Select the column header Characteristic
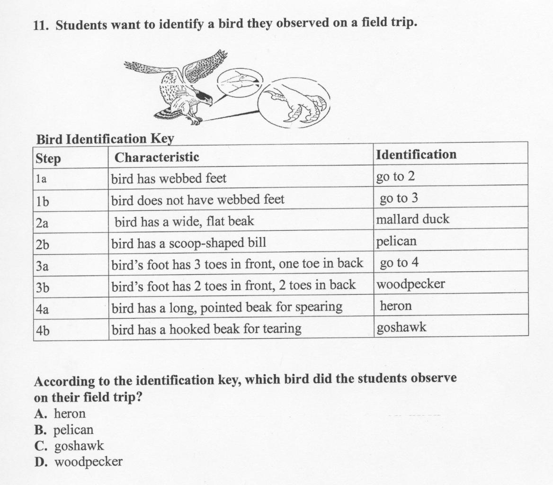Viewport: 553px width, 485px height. [157, 157]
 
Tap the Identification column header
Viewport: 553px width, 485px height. [416, 155]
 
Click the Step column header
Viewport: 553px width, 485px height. [48, 159]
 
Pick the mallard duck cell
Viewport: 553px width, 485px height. [412, 220]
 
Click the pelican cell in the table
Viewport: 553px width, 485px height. [396, 242]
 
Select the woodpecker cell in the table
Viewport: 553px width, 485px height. [410, 284]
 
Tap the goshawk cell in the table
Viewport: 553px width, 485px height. [401, 327]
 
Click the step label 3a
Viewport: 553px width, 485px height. [42, 266]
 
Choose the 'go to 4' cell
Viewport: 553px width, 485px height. [399, 263]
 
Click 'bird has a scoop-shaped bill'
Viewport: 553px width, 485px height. [188, 243]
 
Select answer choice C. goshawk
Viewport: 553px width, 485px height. [69, 446]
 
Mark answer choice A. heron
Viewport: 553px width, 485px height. [60, 414]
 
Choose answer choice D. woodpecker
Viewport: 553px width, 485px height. [79, 462]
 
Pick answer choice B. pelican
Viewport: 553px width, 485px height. [64, 430]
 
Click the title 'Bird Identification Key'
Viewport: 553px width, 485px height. [105, 139]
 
